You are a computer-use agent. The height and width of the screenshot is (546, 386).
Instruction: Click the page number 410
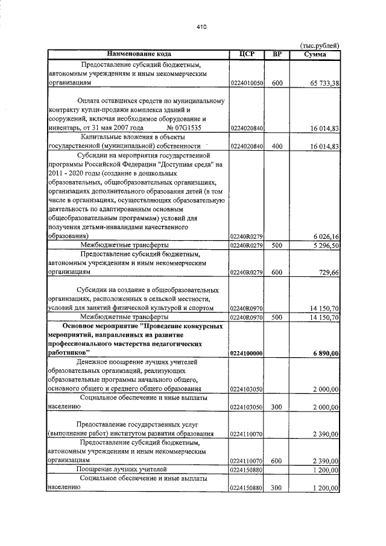tap(201, 27)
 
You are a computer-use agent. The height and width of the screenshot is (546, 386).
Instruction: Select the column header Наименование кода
tap(138, 54)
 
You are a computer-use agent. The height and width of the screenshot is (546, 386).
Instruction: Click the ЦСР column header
tap(247, 54)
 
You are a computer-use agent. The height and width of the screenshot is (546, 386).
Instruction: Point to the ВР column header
tap(277, 54)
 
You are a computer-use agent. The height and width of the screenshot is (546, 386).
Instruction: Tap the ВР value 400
tap(277, 146)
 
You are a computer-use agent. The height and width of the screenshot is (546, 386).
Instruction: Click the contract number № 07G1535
tap(185, 128)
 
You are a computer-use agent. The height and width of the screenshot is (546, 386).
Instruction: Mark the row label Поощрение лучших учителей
tap(121, 469)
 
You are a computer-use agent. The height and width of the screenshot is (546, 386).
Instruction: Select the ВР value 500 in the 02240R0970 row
tap(277, 317)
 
